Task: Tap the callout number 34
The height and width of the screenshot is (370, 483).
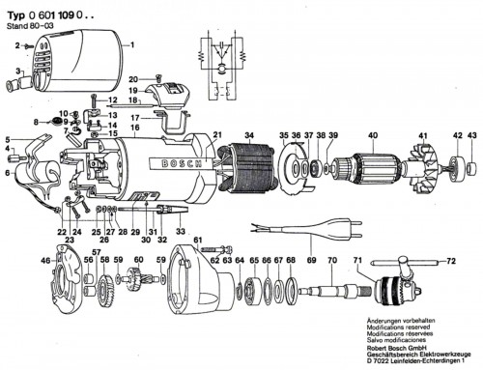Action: (x=249, y=134)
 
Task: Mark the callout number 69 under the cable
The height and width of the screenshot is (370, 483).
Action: (x=310, y=261)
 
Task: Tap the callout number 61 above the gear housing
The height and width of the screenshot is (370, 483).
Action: (x=197, y=240)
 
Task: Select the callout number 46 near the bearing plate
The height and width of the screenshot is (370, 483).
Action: (x=44, y=261)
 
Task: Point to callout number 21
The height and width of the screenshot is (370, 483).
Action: (x=217, y=134)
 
